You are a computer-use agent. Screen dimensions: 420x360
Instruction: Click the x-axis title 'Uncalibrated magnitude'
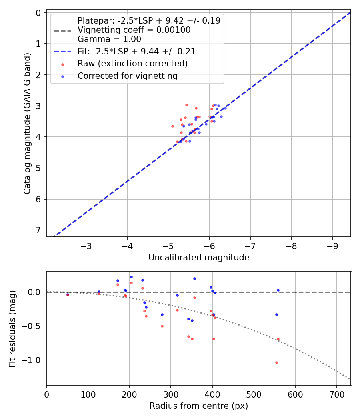[x=199, y=258]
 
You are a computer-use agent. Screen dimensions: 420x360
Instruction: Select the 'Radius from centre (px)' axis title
[x=199, y=406]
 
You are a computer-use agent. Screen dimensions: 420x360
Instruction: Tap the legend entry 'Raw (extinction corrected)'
[x=132, y=64]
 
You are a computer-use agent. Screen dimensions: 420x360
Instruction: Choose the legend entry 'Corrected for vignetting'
[x=127, y=76]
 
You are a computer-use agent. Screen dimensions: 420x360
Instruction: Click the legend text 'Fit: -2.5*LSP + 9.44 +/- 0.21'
[x=136, y=52]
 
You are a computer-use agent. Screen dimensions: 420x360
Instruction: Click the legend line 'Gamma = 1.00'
[x=109, y=39]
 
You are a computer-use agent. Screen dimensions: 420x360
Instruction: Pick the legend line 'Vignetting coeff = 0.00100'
[x=134, y=30]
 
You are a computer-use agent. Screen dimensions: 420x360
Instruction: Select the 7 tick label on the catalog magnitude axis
[x=38, y=230]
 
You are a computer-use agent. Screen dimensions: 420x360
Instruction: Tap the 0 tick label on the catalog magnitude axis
[x=38, y=13]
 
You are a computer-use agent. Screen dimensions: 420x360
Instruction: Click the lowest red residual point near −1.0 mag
[x=276, y=362]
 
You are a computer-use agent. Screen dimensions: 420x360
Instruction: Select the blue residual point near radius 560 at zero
[x=278, y=290]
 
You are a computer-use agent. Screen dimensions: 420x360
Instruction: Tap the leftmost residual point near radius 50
[x=68, y=295]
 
